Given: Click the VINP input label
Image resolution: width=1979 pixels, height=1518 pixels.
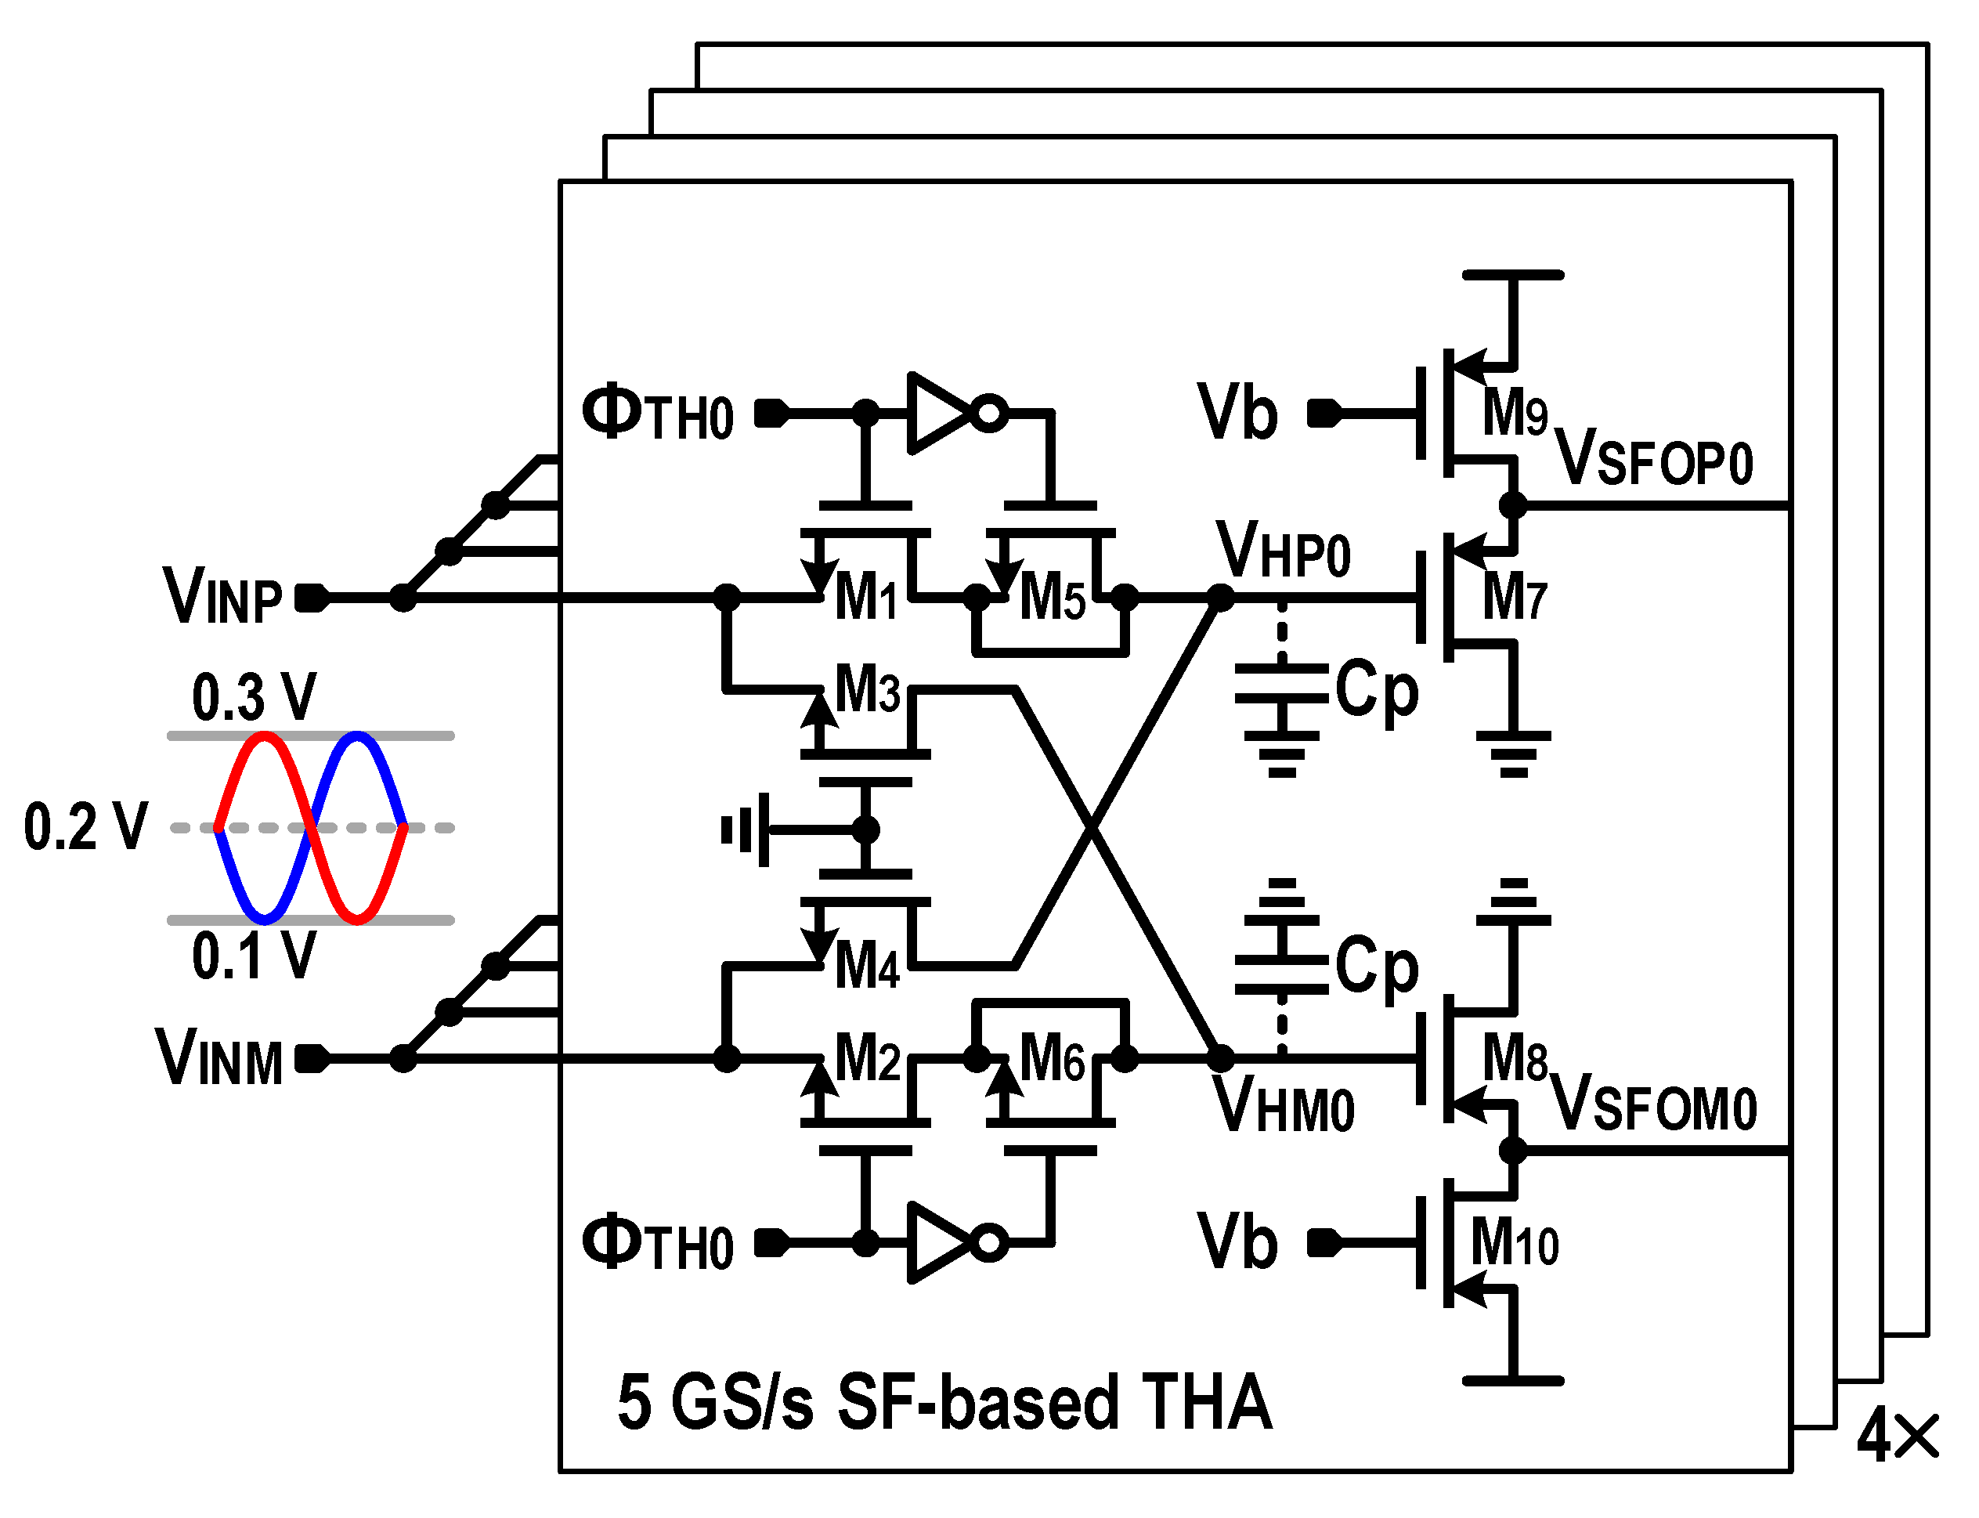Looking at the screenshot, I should (222, 595).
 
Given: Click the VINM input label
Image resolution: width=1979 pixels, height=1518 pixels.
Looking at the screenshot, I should (219, 1057).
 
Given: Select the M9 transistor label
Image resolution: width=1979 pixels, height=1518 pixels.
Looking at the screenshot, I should (1515, 413).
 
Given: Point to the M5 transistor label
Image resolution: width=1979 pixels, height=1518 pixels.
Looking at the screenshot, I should (1053, 598).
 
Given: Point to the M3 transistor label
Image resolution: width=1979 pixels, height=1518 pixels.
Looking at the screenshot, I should (867, 689).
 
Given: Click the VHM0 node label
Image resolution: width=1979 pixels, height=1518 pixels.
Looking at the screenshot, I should (1283, 1104).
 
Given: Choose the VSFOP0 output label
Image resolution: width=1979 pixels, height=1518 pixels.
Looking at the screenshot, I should (1653, 459).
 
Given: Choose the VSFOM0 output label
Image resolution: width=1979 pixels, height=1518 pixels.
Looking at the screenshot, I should (1653, 1104).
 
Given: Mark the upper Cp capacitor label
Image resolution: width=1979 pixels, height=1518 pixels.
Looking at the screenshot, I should (1377, 689).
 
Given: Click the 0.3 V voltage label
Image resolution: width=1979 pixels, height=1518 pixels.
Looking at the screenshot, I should (254, 696).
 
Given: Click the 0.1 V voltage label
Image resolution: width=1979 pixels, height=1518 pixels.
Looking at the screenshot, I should (254, 955).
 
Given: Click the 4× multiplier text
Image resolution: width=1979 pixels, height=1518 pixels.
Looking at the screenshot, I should (1898, 1435).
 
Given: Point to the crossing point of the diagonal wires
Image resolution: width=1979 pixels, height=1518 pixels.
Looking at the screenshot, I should (1092, 827).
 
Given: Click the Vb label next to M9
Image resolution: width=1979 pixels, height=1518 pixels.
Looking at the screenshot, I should (1237, 413).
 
